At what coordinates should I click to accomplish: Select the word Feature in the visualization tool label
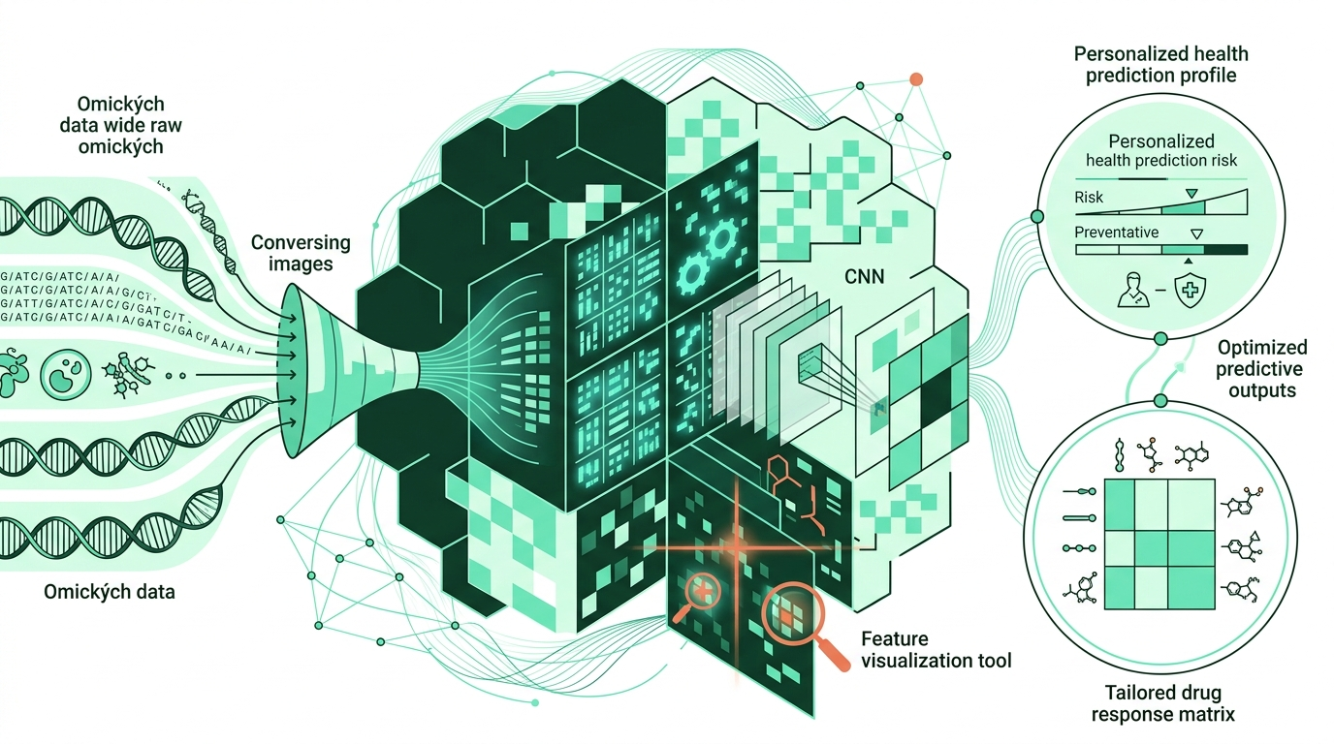click(x=894, y=638)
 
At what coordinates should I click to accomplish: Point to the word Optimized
click(x=1262, y=348)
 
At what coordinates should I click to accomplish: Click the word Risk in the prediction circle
click(x=1089, y=198)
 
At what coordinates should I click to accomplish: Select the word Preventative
click(x=1117, y=232)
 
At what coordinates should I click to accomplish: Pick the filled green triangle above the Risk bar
click(x=1191, y=194)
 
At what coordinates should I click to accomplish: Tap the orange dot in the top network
click(x=916, y=79)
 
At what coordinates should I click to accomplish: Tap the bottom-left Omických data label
click(x=110, y=590)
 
